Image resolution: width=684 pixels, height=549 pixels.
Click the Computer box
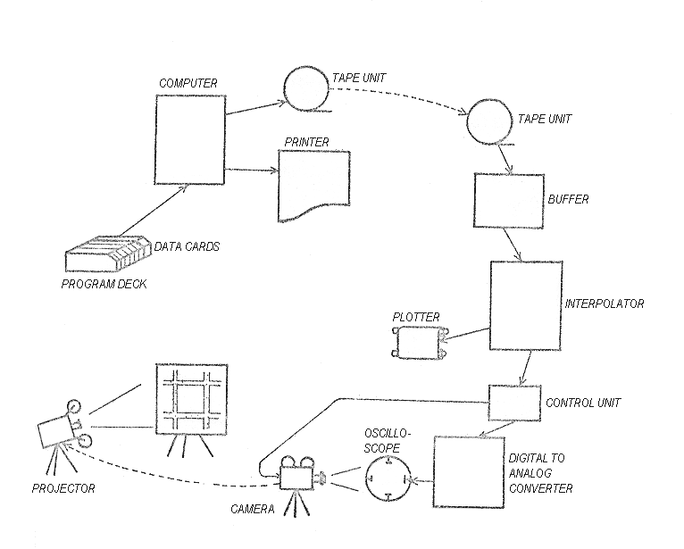click(190, 138)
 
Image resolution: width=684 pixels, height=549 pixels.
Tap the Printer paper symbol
click(313, 185)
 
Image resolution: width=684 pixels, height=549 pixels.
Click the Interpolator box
click(525, 305)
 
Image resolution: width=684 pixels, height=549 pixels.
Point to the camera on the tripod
click(298, 478)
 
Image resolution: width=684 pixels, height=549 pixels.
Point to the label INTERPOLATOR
click(604, 304)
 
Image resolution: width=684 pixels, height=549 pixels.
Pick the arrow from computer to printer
click(253, 170)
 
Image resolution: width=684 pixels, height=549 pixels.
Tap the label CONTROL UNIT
click(582, 403)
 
